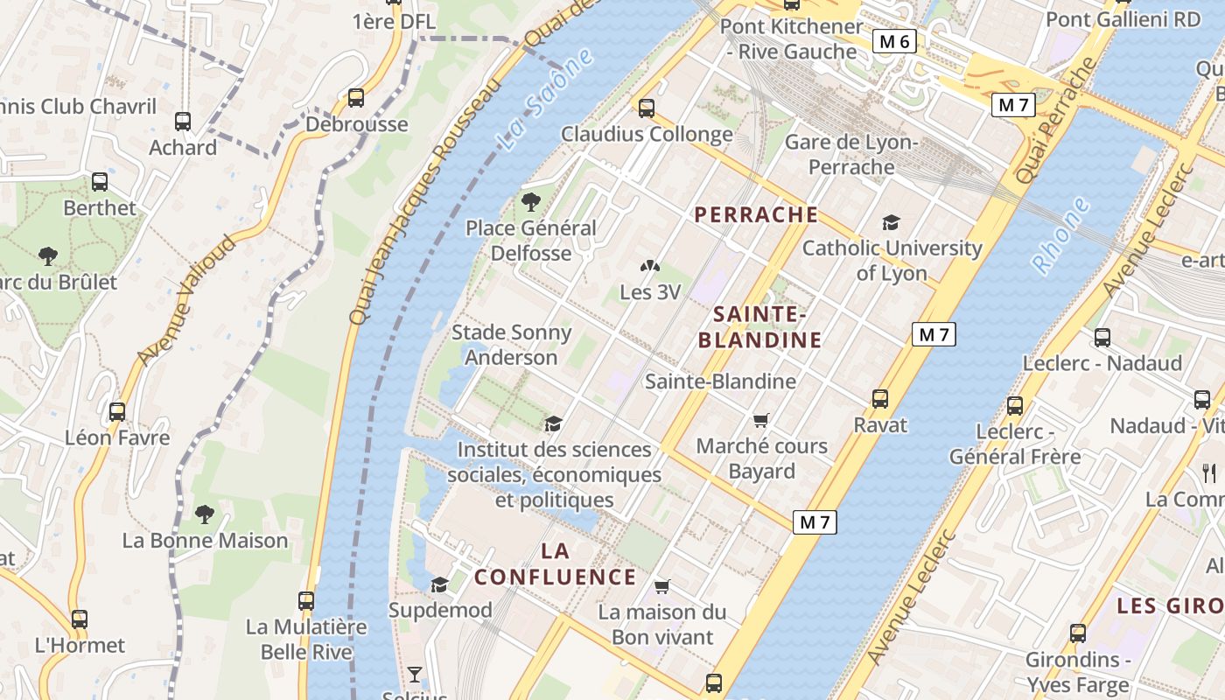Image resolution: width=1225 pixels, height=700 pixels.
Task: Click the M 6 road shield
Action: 894,41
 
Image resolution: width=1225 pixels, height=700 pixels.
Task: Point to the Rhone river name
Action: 1061,235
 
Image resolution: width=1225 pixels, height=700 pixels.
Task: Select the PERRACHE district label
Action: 756,214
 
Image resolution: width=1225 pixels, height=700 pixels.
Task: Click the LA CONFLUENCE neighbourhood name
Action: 555,564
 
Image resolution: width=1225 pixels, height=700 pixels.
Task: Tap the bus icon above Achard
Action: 182,122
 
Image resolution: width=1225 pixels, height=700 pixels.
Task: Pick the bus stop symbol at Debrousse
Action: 355,98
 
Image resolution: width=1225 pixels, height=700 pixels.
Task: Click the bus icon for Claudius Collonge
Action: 646,108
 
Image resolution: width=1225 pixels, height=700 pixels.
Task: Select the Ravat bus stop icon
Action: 880,399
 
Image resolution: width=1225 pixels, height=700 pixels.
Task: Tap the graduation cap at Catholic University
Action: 891,223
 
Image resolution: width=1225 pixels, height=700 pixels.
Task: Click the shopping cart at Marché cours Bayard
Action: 761,421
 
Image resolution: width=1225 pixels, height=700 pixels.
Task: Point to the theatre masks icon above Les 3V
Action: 649,266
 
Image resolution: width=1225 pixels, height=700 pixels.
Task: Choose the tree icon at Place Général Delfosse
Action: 530,202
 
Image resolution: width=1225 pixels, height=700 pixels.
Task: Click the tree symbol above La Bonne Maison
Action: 205,514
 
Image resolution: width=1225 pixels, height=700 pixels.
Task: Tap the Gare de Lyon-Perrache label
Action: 850,154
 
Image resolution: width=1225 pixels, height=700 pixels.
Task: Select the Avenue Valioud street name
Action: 186,300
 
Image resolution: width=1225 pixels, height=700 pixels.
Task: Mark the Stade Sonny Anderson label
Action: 511,345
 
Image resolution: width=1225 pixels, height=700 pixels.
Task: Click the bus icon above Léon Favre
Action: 117,412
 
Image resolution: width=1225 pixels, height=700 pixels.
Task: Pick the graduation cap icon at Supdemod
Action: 439,584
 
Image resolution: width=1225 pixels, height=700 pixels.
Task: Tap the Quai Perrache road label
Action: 1055,120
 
